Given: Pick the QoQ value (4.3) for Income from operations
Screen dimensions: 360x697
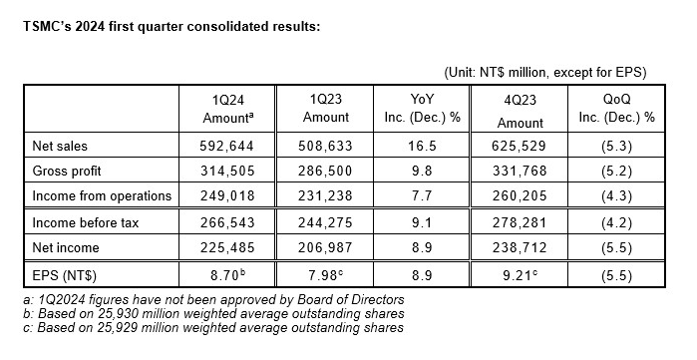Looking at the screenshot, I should [x=615, y=195].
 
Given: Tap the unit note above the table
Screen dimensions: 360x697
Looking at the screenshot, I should [x=544, y=72].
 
